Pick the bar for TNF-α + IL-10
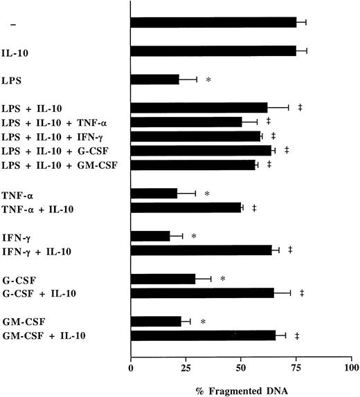pyautogui.click(x=186, y=207)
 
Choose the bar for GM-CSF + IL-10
pyautogui.click(x=203, y=336)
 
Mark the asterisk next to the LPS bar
pyautogui.click(x=208, y=80)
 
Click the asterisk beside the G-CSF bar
pyautogui.click(x=223, y=279)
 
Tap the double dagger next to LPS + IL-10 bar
pyautogui.click(x=300, y=107)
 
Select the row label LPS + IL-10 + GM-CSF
pyautogui.click(x=57, y=165)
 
